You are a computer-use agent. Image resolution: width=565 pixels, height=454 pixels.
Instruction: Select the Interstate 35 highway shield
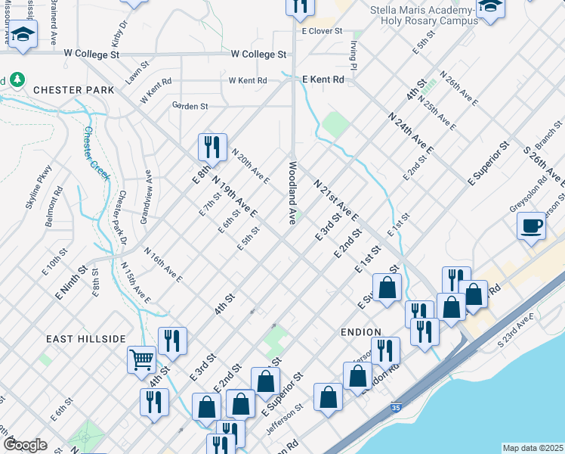coord(396,407)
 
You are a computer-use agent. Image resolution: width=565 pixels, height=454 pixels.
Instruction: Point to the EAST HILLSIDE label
coord(85,338)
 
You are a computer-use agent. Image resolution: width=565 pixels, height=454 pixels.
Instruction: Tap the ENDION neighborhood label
coord(362,331)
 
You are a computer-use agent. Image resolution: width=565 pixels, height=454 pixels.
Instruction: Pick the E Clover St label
coord(323,32)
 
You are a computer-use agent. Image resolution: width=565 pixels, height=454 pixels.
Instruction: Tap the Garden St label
coord(190,107)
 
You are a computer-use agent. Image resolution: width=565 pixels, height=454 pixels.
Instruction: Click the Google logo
coord(25,445)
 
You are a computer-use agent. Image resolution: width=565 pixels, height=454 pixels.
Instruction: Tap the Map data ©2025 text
coord(533,448)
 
